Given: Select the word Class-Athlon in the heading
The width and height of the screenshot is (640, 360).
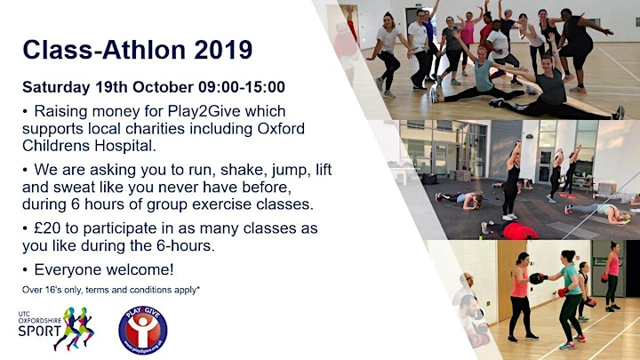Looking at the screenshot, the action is [104, 50].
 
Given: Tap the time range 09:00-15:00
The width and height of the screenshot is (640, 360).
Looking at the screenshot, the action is [242, 87].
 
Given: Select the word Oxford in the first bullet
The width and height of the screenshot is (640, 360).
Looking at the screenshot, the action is [281, 129].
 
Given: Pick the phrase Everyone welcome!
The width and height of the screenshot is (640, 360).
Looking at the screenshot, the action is [104, 269].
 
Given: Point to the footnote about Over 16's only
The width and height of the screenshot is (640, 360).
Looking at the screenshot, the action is [110, 290].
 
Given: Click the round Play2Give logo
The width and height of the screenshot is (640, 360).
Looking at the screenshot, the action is [143, 330].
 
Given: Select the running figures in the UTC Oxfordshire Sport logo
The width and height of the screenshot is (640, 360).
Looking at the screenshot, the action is [75, 328].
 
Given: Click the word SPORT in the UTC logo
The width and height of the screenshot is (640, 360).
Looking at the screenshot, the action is [39, 331].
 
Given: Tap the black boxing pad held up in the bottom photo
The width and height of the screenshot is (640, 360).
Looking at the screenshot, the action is [536, 278].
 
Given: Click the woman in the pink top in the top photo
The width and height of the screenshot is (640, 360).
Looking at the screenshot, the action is [468, 42].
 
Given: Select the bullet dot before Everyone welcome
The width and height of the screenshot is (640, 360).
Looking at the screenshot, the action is [25, 270].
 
